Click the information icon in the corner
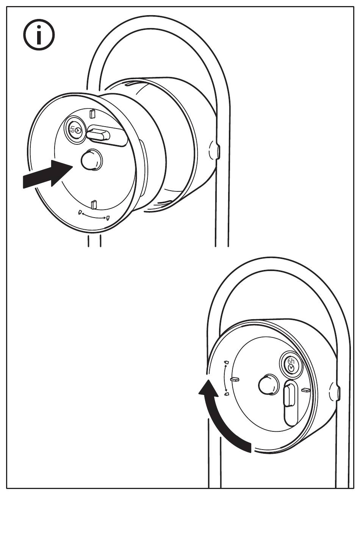click(39, 35)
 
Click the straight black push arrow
click(47, 174)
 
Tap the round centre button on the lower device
click(268, 385)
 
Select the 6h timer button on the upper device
click(75, 130)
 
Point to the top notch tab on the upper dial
click(92, 113)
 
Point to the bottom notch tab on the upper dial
click(94, 205)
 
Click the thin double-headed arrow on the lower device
click(227, 378)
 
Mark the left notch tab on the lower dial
click(235, 379)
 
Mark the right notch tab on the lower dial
click(306, 390)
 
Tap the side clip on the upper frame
click(217, 150)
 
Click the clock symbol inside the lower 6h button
click(291, 368)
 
